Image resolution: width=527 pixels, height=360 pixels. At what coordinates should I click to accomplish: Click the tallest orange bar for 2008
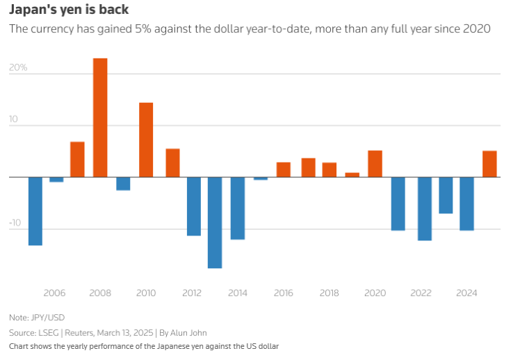[100, 117]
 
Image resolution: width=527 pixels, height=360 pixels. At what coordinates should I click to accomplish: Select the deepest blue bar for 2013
[215, 222]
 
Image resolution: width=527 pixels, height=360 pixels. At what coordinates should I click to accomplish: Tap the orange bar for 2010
[146, 140]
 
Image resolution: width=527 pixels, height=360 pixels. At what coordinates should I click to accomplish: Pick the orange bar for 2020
[375, 164]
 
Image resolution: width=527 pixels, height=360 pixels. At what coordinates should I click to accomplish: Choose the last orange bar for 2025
[489, 164]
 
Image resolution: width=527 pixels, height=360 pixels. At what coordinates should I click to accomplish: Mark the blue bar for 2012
[193, 206]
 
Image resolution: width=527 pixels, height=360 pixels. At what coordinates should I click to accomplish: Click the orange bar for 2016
[284, 170]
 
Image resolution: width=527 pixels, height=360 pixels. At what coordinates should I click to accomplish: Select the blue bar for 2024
[467, 204]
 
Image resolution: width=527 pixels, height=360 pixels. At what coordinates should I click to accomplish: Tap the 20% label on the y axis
[18, 68]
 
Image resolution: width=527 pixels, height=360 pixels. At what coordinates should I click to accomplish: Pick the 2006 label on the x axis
[54, 293]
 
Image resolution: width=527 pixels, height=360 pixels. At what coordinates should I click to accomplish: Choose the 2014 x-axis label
[238, 293]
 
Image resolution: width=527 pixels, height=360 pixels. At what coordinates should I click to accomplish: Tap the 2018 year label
[329, 293]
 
